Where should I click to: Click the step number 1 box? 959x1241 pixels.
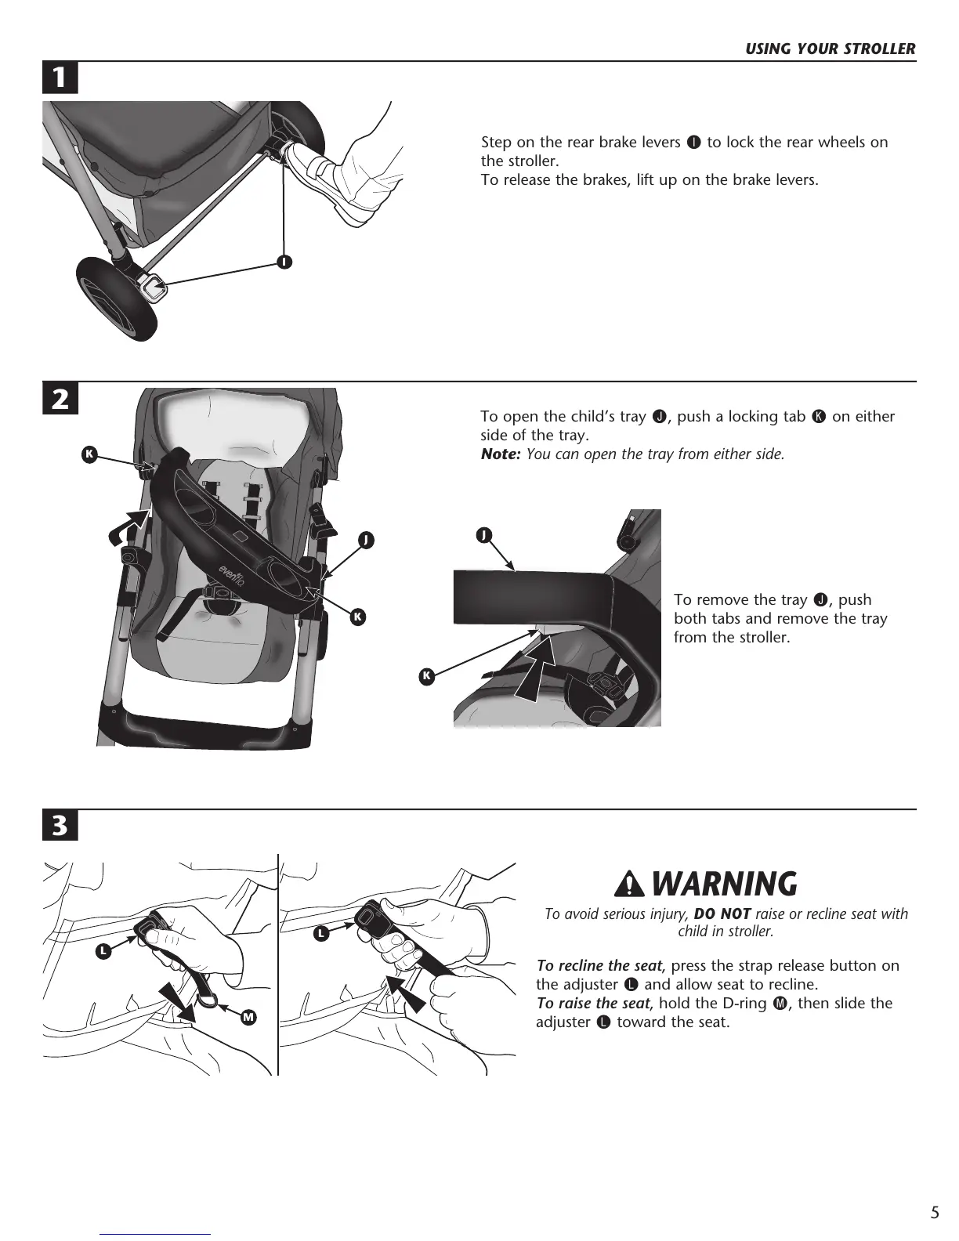60,78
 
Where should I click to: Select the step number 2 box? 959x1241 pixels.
60,399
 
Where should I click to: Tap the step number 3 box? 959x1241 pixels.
60,826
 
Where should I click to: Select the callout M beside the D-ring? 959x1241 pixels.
248,1017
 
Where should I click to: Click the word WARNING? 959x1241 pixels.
724,885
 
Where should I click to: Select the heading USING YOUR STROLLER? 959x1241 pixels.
830,49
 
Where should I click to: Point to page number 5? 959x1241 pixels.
934,1214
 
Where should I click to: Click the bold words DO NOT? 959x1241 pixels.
722,914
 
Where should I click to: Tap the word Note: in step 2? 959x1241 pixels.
500,454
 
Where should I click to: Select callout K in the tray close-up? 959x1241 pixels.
427,675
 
